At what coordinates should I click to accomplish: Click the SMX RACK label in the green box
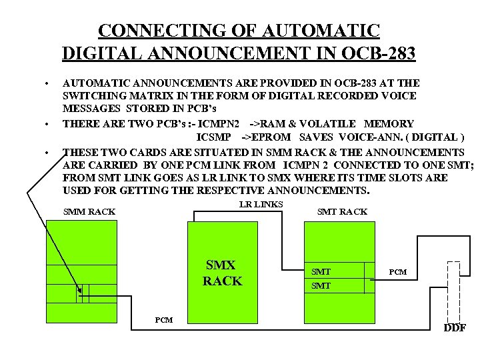[x=223, y=273]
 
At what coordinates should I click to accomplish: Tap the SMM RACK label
[x=89, y=212]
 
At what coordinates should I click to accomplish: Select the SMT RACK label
[x=341, y=212]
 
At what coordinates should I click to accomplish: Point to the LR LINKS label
[x=261, y=204]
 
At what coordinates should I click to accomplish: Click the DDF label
[x=455, y=327]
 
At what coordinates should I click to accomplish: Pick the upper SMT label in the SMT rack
[x=321, y=271]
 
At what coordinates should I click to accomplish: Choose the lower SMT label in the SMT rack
[x=321, y=285]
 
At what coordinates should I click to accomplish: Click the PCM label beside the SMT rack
[x=397, y=272]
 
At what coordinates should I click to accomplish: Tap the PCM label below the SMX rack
[x=163, y=320]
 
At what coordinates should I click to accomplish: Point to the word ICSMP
[x=215, y=137]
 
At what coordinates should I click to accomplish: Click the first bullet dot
[x=47, y=83]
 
